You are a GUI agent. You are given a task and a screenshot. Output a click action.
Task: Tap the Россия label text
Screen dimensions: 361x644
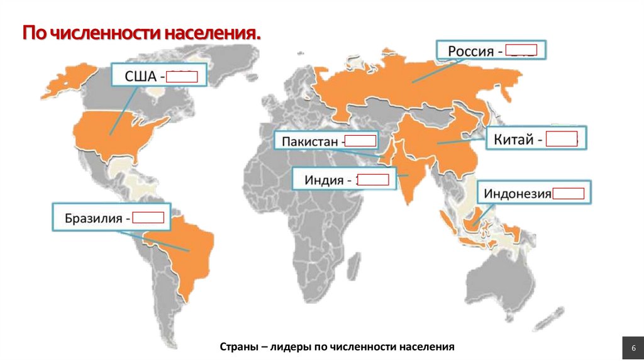click(x=470, y=51)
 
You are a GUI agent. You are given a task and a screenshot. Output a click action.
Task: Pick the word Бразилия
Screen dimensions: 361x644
click(x=94, y=219)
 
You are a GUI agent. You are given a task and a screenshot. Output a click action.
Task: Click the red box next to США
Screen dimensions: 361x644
click(x=183, y=78)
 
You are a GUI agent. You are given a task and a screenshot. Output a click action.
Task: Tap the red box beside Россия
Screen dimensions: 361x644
click(x=521, y=50)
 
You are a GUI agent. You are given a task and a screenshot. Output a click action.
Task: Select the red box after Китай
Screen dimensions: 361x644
click(x=562, y=139)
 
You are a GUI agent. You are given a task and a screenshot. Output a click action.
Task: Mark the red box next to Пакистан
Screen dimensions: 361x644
click(x=361, y=141)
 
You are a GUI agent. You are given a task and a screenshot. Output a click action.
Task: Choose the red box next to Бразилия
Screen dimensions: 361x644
click(x=148, y=218)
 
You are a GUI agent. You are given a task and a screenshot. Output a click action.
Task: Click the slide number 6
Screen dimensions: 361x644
click(x=631, y=348)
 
